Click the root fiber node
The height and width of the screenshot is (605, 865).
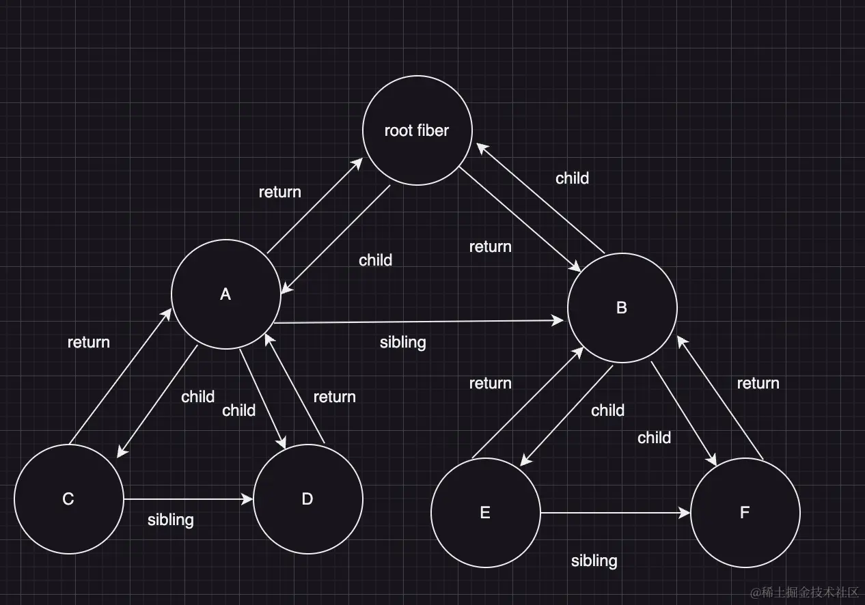click(417, 130)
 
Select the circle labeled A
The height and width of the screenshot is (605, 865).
click(225, 294)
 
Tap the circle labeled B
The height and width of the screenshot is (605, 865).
click(622, 308)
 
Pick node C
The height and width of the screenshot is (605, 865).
click(68, 499)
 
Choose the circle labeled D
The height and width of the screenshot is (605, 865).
click(307, 499)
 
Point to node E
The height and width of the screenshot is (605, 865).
click(485, 513)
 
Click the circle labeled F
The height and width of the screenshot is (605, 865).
click(745, 513)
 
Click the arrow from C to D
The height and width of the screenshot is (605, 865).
click(188, 500)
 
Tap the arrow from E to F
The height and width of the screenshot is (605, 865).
click(615, 513)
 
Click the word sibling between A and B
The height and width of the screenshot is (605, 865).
click(403, 342)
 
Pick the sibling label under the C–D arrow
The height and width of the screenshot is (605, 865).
click(171, 520)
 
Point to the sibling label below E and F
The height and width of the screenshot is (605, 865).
click(594, 561)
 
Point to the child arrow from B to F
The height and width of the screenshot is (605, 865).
click(683, 414)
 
